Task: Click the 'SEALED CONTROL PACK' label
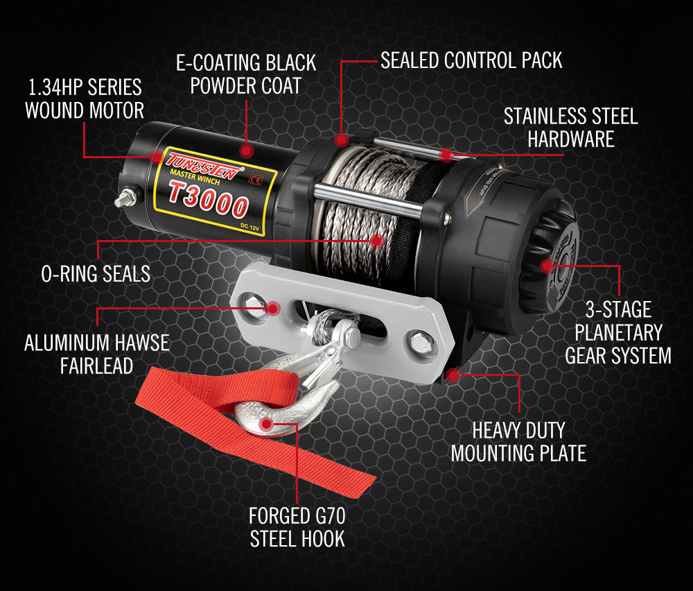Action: pos(471,60)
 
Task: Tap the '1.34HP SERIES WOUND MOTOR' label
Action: pos(84,98)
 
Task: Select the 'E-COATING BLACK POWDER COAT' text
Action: pos(246,74)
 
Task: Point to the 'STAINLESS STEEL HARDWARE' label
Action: pos(570,128)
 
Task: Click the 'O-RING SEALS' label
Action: pos(96,274)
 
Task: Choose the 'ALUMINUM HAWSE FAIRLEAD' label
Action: pos(97,354)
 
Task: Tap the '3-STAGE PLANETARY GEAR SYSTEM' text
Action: pos(618,333)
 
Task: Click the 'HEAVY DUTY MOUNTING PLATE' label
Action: pos(518,441)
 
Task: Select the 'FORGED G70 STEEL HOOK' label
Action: pos(297,527)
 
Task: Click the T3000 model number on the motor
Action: pos(208,200)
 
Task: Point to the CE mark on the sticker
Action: pos(256,180)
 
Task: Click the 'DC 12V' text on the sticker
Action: pos(249,227)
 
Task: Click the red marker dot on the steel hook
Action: pos(266,425)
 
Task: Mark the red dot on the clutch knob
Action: pos(547,266)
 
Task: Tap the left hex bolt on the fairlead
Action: pos(254,305)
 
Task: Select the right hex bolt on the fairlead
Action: pos(419,342)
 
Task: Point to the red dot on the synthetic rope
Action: pos(376,241)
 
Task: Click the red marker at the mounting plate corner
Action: pos(453,375)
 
